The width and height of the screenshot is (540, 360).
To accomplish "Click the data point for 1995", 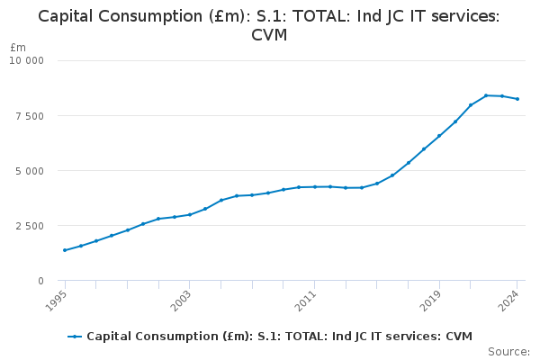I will [65, 250].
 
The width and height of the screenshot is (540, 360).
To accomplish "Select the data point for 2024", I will [517, 99].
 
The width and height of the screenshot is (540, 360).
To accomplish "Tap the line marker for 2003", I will [190, 214].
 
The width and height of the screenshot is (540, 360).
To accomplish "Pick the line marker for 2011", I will [314, 187].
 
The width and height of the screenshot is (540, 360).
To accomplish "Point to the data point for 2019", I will [439, 136].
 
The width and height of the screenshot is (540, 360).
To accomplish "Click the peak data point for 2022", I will [486, 95].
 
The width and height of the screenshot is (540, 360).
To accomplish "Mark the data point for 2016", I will [392, 175].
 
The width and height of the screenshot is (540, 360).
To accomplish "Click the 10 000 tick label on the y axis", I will [27, 61].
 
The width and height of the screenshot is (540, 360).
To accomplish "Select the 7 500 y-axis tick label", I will [31, 116].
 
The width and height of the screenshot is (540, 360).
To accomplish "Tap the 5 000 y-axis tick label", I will [31, 171].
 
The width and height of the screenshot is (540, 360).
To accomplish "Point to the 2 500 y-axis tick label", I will [31, 226].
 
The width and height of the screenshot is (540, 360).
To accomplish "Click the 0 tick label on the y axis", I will [40, 281].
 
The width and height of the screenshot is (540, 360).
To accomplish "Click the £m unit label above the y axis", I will [18, 48].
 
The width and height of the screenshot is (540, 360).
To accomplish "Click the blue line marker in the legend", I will [75, 337].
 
